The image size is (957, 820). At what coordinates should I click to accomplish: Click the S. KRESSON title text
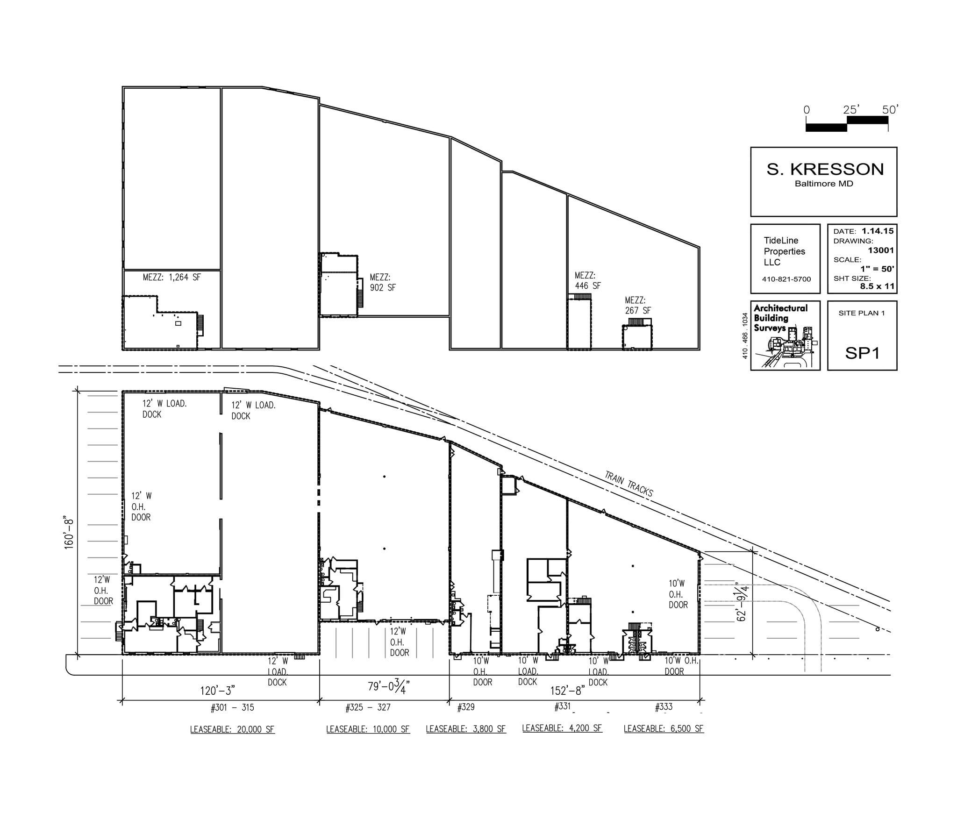point(825,169)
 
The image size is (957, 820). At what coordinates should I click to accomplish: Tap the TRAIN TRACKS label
point(628,483)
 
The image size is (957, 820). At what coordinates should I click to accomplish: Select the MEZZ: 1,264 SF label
point(171,277)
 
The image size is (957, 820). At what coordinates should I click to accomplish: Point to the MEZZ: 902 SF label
point(383,283)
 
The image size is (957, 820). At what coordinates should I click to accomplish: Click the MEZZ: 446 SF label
point(587,281)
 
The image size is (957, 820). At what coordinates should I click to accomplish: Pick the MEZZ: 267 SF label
point(638,306)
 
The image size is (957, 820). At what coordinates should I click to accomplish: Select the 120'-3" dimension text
point(217,689)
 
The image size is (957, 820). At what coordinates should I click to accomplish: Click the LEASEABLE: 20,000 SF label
point(232,729)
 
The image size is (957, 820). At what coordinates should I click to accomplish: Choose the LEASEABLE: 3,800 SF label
point(465,729)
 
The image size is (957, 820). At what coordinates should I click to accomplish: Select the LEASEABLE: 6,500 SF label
point(664,728)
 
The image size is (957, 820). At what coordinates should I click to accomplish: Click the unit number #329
point(465,707)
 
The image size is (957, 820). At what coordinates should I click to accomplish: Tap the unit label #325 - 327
point(368,707)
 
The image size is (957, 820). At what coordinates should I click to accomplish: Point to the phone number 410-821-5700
point(786,279)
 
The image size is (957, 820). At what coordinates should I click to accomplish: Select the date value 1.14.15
point(878,231)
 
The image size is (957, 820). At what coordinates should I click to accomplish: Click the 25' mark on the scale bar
point(851,110)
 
